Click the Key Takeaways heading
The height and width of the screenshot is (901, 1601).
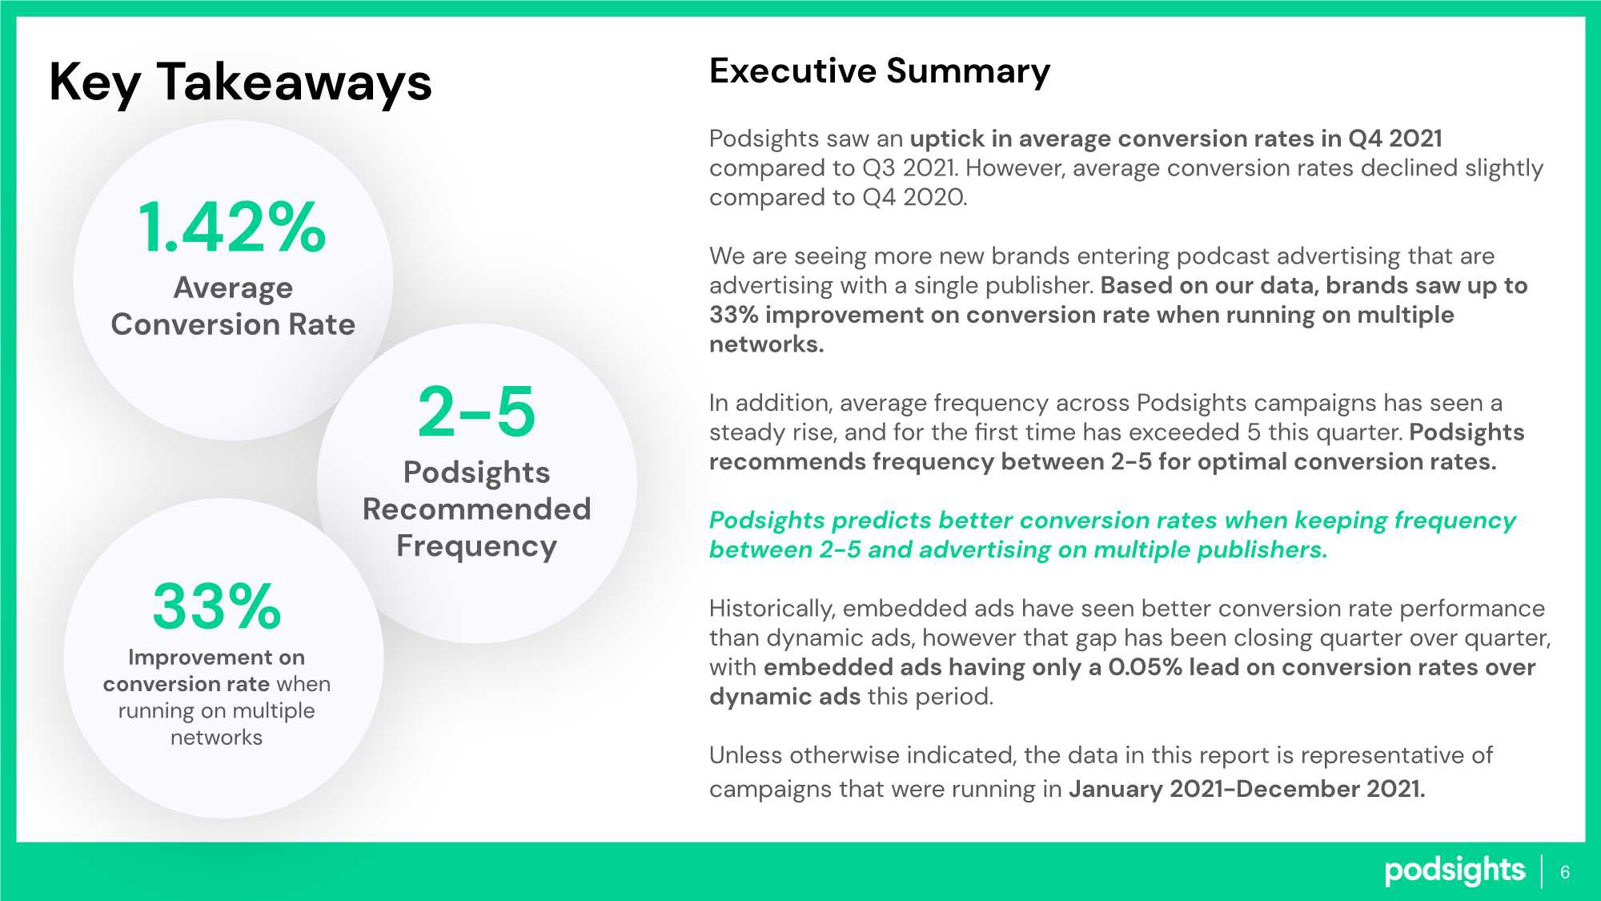240,82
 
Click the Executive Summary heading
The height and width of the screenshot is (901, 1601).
880,72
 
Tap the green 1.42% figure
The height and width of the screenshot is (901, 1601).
232,227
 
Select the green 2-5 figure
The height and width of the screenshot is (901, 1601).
476,412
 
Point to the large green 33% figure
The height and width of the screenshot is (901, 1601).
217,606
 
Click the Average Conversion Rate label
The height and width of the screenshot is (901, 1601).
233,306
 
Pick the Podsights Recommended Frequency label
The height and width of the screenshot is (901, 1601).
477,509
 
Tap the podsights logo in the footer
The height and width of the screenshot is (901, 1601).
1455,871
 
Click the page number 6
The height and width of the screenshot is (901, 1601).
1565,872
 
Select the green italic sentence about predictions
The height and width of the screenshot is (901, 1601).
1113,535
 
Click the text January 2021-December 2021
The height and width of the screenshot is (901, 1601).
1247,789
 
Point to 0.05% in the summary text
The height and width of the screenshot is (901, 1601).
1145,667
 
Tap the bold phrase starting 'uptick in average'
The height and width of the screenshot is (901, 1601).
1176,139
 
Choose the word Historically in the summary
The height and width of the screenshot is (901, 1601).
772,609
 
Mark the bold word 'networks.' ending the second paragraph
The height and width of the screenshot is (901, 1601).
767,344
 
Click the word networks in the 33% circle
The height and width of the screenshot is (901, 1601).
216,738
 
